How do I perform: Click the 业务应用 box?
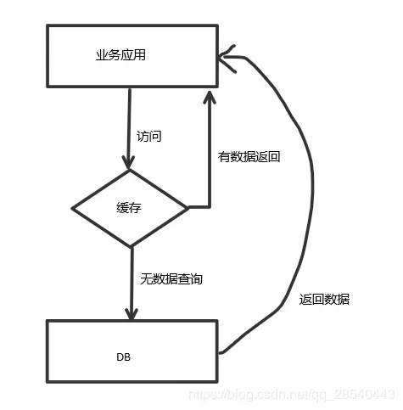(x=132, y=55)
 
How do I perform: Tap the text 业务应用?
(x=121, y=55)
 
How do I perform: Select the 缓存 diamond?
(x=130, y=206)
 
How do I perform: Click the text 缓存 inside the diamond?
(x=128, y=206)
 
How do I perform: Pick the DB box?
(x=132, y=349)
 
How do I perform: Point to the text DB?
(x=123, y=358)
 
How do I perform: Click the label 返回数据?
(x=324, y=299)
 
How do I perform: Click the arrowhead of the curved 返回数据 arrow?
(x=224, y=58)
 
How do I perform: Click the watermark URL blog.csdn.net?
(x=288, y=395)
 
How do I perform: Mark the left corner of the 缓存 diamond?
(x=74, y=208)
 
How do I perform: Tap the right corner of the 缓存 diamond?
(x=187, y=206)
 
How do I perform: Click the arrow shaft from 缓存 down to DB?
(x=132, y=280)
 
